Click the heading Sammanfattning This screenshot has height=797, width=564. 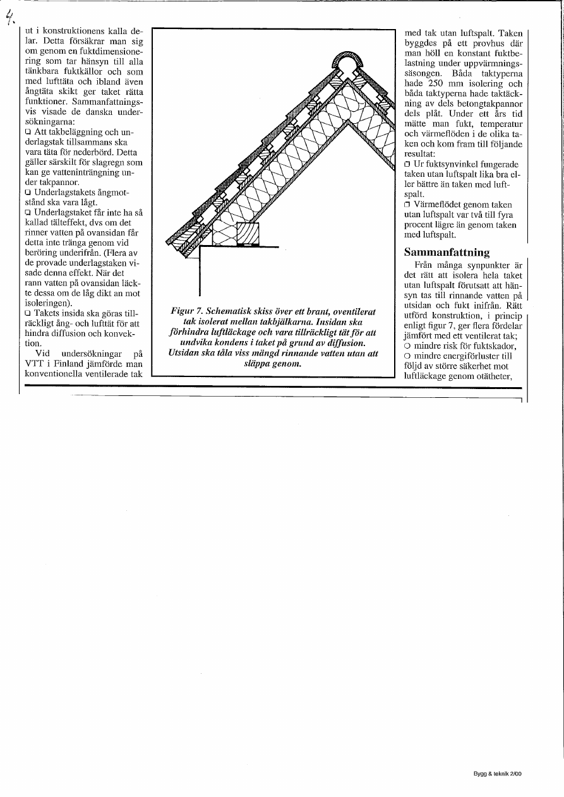click(447, 253)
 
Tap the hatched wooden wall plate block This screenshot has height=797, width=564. click(248, 234)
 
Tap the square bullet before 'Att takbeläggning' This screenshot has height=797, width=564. click(28, 132)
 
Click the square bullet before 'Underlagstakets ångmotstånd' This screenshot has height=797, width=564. click(28, 192)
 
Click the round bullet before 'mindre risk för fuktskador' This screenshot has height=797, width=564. click(407, 346)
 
